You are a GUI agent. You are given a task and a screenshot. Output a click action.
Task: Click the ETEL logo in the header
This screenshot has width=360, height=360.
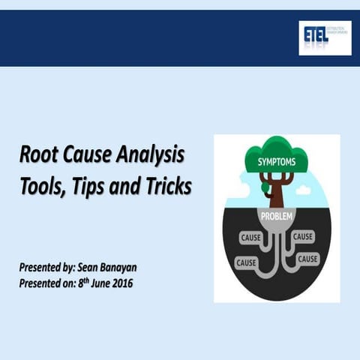pos(324,37)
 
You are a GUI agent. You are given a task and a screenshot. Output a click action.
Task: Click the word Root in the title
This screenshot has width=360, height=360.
pos(39,157)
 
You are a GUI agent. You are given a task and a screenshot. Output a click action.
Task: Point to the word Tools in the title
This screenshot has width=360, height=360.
pos(41,184)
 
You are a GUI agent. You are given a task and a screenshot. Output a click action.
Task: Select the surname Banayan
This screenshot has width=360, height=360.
pos(142,267)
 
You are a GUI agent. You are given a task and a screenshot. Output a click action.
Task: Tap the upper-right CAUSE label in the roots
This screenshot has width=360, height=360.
pos(303,236)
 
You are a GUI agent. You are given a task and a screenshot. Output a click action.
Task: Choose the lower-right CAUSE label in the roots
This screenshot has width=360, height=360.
pos(307,259)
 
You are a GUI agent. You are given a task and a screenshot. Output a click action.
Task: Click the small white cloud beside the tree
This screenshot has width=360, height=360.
pos(303,190)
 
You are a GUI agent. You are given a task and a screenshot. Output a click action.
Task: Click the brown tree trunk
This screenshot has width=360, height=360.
pos(277,192)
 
